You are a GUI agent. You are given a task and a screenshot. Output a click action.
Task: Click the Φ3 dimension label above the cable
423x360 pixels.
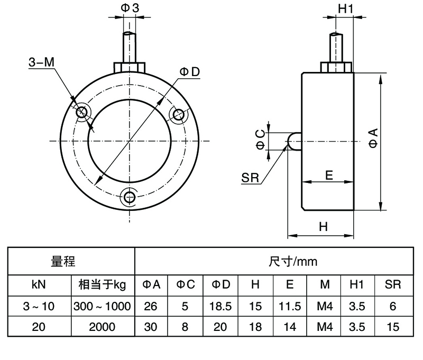click(x=130, y=8)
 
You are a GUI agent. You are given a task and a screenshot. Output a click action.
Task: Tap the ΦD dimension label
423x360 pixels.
click(x=189, y=72)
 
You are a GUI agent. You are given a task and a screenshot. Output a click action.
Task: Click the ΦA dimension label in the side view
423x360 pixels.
click(x=374, y=139)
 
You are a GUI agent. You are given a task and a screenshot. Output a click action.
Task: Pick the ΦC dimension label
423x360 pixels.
click(x=260, y=139)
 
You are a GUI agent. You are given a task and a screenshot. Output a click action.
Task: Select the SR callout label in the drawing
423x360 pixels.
click(x=250, y=178)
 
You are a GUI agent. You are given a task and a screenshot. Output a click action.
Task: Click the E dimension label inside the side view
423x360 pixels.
click(x=329, y=176)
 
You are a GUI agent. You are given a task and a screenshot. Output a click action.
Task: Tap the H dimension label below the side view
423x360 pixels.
click(x=324, y=227)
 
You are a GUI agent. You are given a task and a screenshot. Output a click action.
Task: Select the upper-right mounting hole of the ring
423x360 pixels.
click(x=179, y=114)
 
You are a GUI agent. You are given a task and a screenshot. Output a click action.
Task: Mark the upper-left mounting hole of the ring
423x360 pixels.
click(x=82, y=113)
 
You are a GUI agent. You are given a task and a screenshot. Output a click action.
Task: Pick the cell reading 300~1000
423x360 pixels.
click(x=102, y=306)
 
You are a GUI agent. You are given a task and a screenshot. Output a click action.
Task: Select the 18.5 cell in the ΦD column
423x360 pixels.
click(x=221, y=306)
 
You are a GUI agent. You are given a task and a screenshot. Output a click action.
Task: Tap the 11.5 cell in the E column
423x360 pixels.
click(x=290, y=306)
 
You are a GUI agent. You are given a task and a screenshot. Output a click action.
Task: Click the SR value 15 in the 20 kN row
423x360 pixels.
click(x=393, y=327)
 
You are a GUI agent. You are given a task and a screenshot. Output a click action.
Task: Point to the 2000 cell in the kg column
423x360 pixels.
click(x=102, y=327)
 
